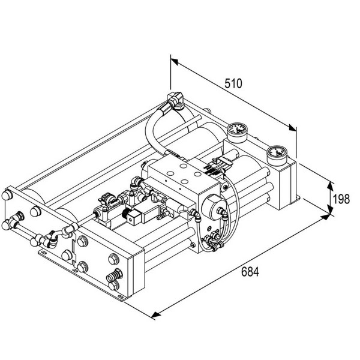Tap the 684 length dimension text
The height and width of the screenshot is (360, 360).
point(250,272)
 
